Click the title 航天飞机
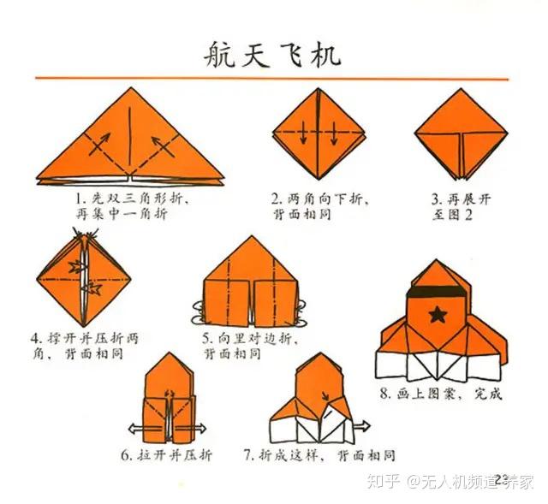click(272, 52)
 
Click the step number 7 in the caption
click(248, 454)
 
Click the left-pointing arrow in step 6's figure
click(133, 428)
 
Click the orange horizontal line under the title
click(272, 79)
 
